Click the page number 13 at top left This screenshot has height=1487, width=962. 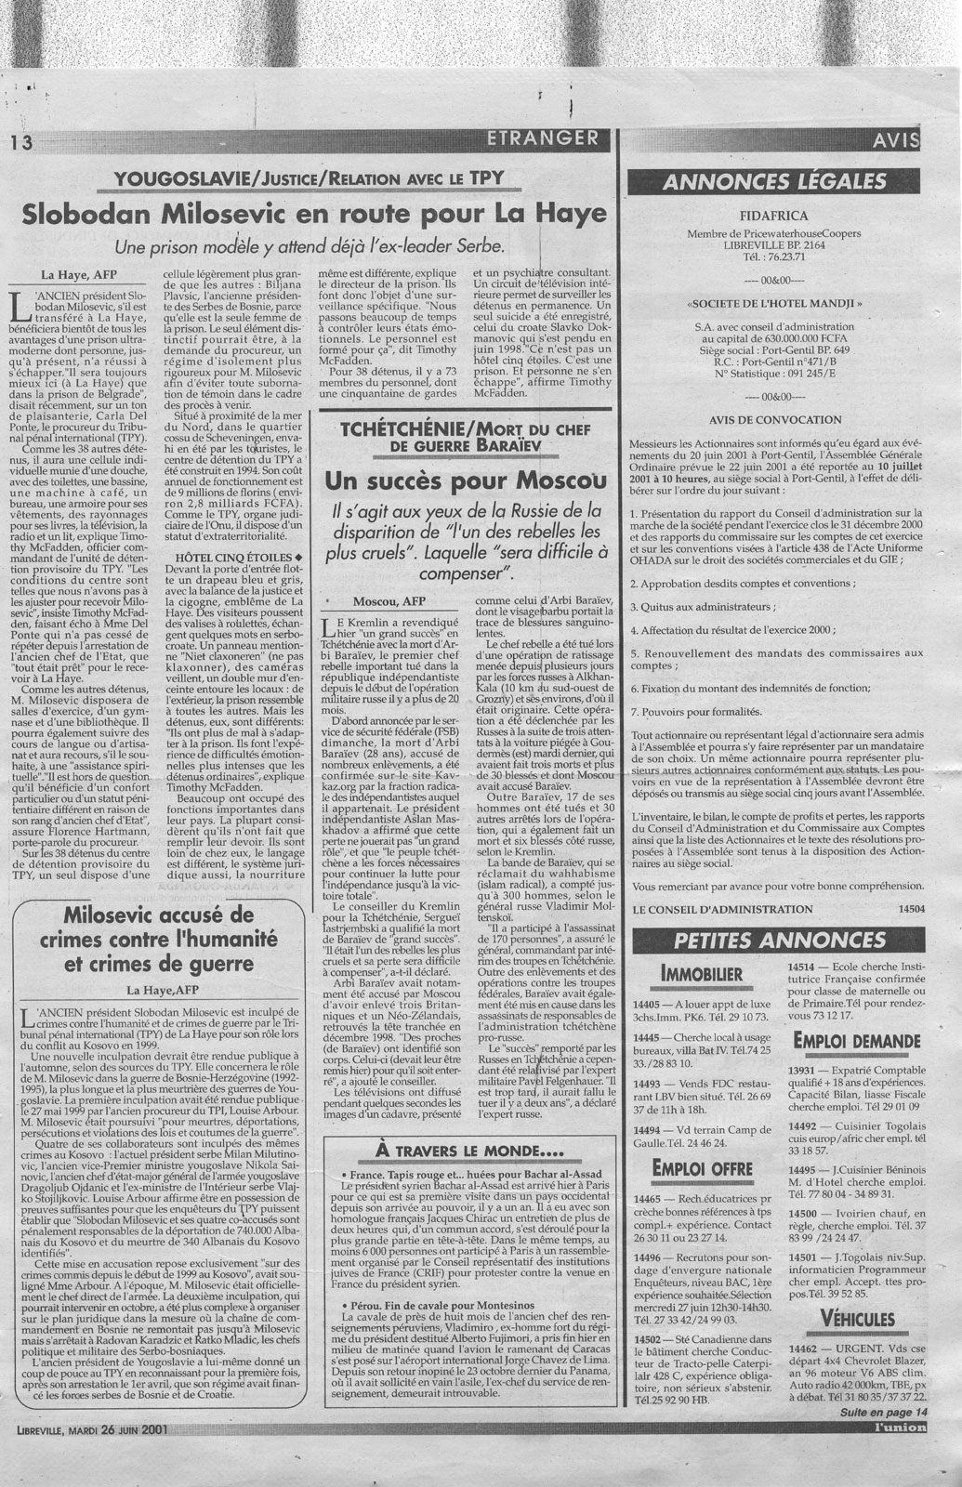point(20,142)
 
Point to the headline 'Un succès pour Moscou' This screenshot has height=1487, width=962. point(472,480)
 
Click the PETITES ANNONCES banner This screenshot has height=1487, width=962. point(774,940)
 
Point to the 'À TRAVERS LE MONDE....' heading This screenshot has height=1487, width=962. point(470,1151)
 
